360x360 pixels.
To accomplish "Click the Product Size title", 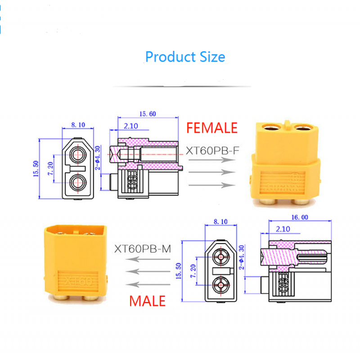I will coord(185,57).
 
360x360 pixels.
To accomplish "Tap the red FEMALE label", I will coord(211,128).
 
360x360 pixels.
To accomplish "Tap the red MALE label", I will coord(148,300).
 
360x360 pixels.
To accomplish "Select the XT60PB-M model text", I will coord(143,248).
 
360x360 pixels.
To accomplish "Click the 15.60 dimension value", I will coord(147,114).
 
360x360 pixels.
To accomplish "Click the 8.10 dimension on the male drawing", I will coord(220,221).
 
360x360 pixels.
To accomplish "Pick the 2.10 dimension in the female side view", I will coord(130,126).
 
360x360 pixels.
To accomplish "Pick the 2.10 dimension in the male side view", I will coord(282,229).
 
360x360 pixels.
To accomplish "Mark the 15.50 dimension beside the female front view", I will coord(36,168).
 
